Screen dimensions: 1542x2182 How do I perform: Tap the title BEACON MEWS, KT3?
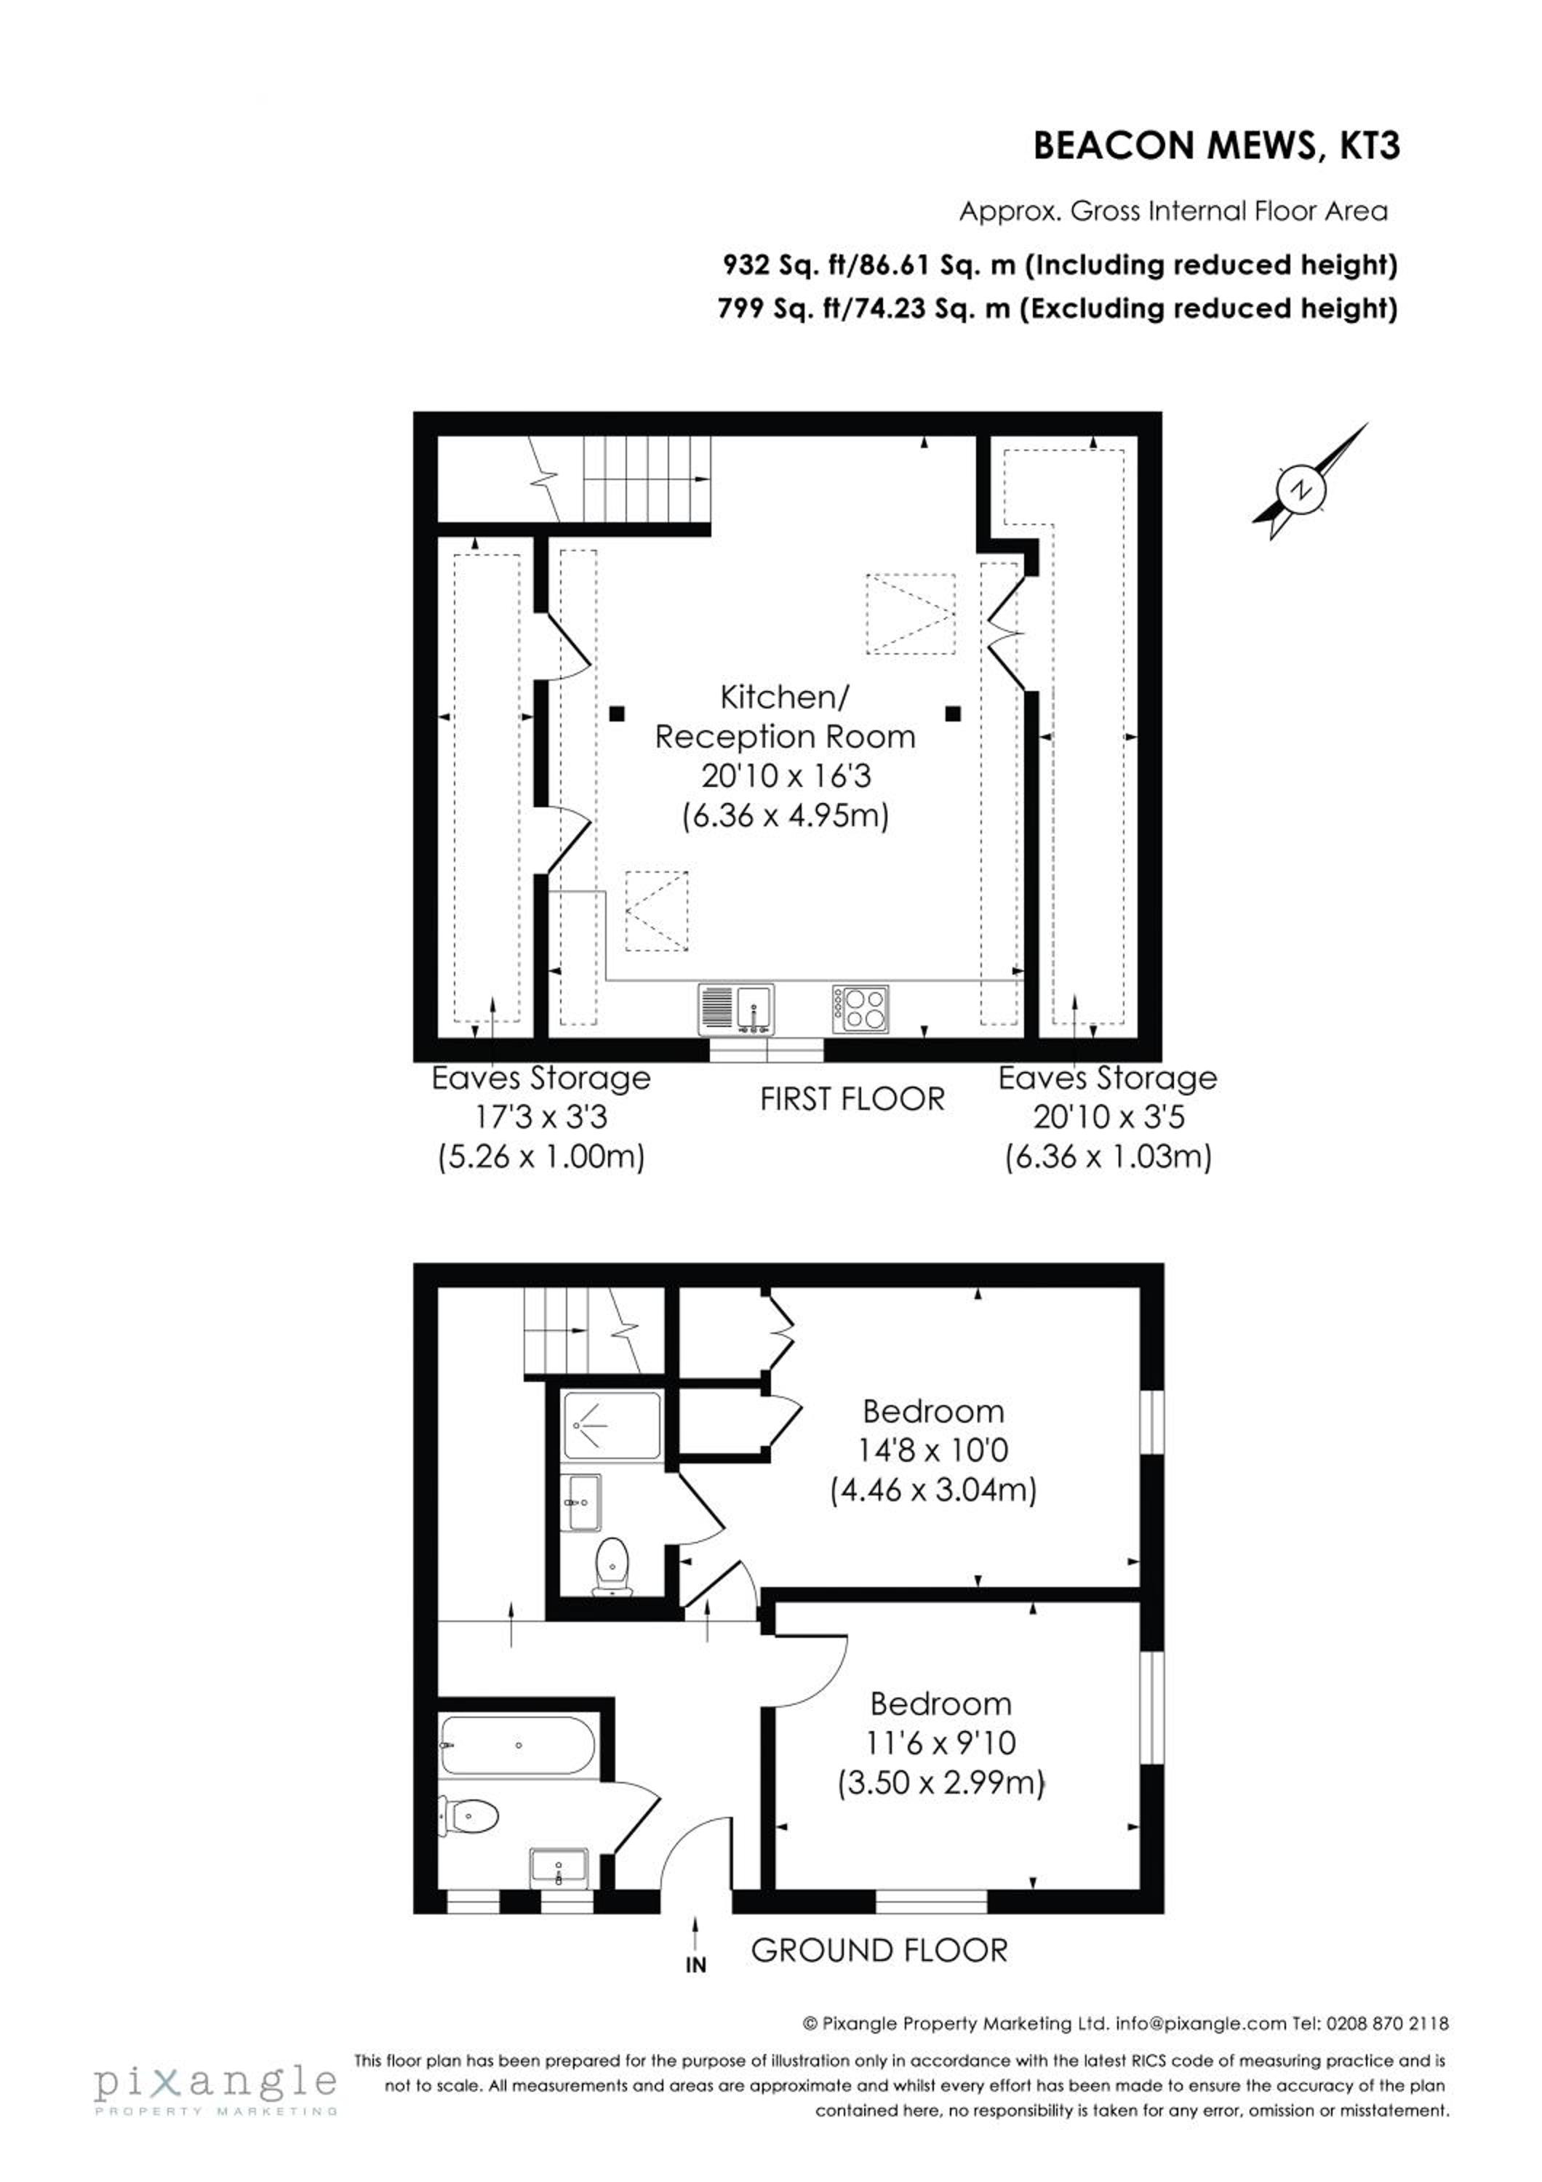pyautogui.click(x=1216, y=146)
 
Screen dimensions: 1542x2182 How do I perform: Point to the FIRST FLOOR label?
pyautogui.click(x=852, y=1100)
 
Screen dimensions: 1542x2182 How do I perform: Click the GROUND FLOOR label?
pyautogui.click(x=879, y=1951)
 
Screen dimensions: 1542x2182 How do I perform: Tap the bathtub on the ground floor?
pyautogui.click(x=518, y=1745)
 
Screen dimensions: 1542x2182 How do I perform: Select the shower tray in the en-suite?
pyautogui.click(x=612, y=1426)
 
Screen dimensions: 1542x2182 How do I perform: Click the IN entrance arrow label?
pyautogui.click(x=695, y=1963)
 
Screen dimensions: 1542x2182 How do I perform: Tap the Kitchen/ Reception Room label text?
pyautogui.click(x=785, y=716)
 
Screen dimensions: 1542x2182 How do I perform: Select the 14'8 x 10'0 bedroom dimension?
pyautogui.click(x=933, y=1451)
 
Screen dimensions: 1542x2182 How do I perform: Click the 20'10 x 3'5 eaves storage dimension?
pyautogui.click(x=1108, y=1116)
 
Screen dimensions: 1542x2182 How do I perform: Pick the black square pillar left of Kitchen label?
pyautogui.click(x=618, y=713)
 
